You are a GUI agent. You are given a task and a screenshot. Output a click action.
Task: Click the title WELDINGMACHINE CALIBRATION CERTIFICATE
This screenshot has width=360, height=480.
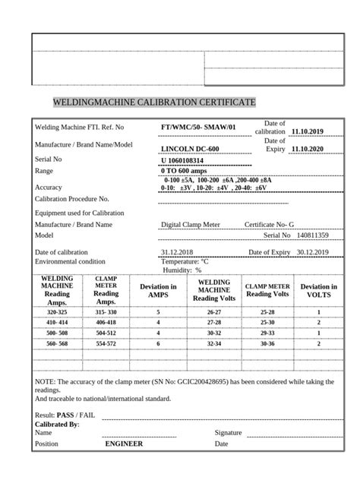[154, 102]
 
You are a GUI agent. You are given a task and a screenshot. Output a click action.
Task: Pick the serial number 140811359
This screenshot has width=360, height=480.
[311, 236]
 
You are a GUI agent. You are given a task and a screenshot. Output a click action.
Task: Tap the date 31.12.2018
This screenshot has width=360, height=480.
[177, 251]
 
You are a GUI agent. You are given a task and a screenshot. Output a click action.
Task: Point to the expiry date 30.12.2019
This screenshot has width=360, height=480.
[311, 251]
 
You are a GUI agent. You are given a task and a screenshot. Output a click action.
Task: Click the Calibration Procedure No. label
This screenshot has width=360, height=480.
[77, 198]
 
